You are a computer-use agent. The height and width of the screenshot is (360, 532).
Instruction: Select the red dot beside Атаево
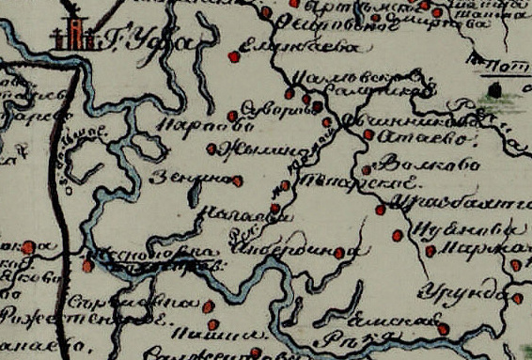pos(368,135)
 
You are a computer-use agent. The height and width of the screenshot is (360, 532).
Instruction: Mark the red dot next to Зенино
pos(238,180)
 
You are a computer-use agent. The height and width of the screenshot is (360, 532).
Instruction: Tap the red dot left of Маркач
pos(430,251)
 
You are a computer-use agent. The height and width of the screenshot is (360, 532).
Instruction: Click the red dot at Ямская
pos(442,329)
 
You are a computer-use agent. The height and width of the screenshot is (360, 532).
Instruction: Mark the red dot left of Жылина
pos(222,148)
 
